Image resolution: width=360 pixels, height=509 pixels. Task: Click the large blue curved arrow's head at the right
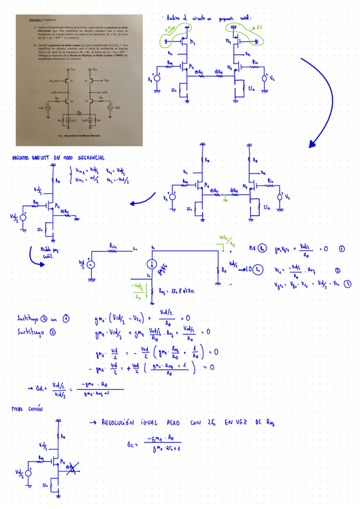click(x=312, y=144)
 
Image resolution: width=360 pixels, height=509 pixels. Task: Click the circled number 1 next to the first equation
click(x=342, y=247)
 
